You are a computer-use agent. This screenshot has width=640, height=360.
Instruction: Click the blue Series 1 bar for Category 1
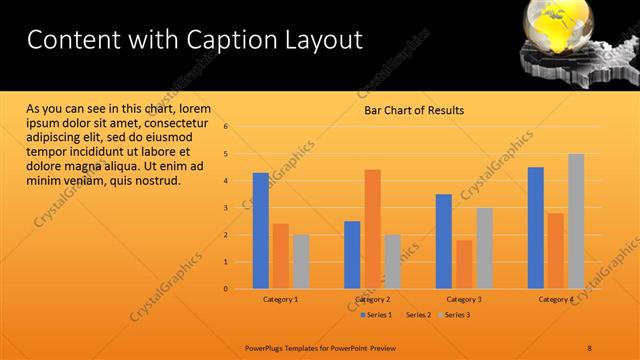pyautogui.click(x=260, y=231)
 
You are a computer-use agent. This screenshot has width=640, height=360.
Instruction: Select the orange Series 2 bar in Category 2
pyautogui.click(x=372, y=229)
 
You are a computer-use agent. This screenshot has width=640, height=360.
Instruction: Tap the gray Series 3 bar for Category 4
pyautogui.click(x=576, y=221)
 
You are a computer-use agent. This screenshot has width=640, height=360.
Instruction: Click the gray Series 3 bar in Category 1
pyautogui.click(x=301, y=261)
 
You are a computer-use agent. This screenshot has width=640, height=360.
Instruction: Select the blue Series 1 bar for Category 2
pyautogui.click(x=352, y=255)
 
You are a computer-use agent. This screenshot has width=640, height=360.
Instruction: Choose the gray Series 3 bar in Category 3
pyautogui.click(x=484, y=248)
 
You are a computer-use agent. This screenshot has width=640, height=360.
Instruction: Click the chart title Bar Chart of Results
pyautogui.click(x=413, y=111)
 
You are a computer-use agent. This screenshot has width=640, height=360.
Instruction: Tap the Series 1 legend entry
pyautogui.click(x=376, y=315)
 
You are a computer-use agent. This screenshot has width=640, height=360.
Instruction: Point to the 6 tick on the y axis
pyautogui.click(x=226, y=127)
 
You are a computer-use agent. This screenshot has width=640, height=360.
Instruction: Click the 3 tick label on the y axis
pyautogui.click(x=226, y=208)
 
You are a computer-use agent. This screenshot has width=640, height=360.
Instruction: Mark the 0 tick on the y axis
pyautogui.click(x=226, y=289)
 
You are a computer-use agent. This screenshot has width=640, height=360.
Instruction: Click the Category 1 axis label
pyautogui.click(x=281, y=299)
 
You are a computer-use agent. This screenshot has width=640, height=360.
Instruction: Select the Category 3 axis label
pyautogui.click(x=464, y=299)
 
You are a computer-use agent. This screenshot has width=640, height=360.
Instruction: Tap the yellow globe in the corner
pyautogui.click(x=556, y=22)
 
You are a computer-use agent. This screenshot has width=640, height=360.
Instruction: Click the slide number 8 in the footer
pyautogui.click(x=590, y=347)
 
